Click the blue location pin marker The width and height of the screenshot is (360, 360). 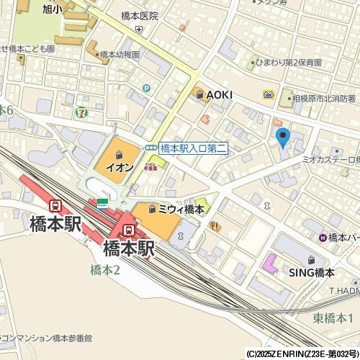(282, 136)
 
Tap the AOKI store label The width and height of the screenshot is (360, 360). (220, 94)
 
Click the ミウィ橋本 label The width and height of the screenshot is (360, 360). (181, 209)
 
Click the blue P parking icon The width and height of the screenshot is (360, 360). (146, 88)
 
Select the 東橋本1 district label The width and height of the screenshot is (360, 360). (333, 318)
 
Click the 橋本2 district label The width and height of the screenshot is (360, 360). (105, 269)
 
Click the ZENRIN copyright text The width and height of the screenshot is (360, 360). (302, 354)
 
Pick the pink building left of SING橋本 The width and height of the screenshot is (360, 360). (270, 264)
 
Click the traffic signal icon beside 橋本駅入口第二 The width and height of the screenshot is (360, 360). (151, 148)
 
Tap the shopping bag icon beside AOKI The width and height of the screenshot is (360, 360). (198, 94)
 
